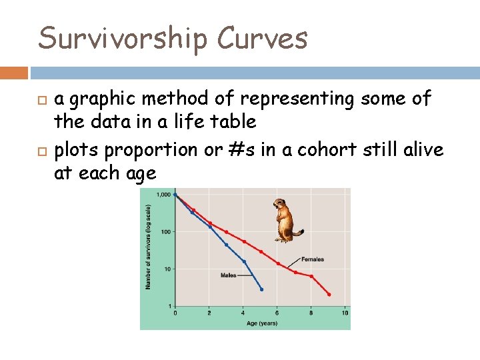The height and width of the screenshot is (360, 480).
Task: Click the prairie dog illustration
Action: click(286, 221)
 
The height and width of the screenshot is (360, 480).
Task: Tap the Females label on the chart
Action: click(313, 259)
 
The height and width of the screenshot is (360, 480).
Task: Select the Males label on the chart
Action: click(228, 275)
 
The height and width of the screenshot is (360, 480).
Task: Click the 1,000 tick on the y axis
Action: click(163, 195)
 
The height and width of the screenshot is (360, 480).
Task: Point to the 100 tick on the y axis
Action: click(165, 232)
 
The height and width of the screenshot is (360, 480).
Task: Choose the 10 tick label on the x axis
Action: click(345, 313)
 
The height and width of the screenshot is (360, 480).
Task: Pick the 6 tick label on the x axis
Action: click(277, 313)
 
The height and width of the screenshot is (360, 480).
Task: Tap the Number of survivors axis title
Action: click(149, 247)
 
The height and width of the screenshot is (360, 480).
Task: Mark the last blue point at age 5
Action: click(261, 289)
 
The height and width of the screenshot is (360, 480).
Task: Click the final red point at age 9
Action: click(329, 294)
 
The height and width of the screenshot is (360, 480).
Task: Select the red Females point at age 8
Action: click(311, 276)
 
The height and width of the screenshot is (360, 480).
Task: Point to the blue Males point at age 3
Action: click(227, 245)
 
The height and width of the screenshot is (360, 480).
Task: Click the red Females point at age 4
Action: click(244, 241)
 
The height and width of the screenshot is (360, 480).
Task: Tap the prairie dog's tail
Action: click(299, 233)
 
